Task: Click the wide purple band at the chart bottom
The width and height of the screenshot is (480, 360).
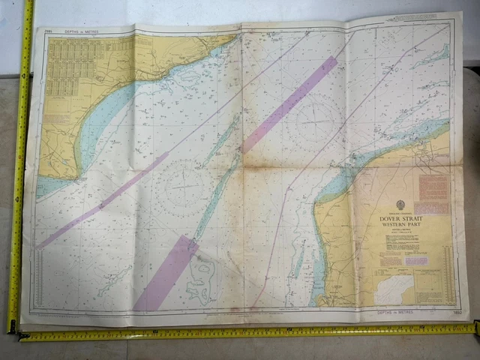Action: tap(166, 273)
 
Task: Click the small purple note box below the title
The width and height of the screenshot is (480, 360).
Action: tap(416, 260)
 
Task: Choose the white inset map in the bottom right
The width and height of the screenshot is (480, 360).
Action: tap(393, 289)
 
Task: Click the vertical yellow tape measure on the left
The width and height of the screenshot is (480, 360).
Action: tap(19, 165)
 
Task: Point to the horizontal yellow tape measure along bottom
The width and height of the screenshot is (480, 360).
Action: tap(247, 331)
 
